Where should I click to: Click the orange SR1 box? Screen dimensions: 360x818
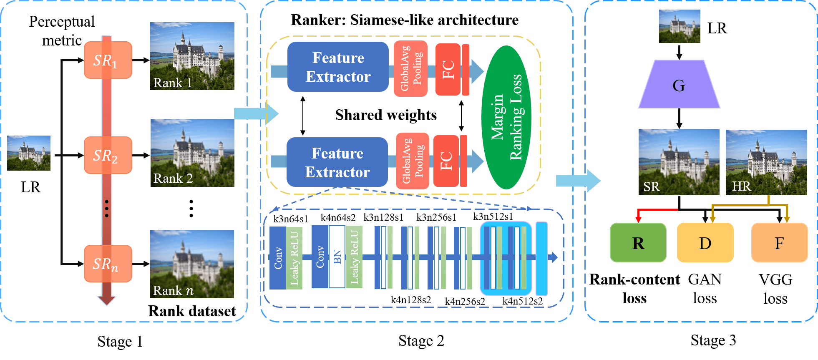[108, 60]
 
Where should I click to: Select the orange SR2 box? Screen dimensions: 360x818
[108, 155]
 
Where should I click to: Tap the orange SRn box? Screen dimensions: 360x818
[108, 264]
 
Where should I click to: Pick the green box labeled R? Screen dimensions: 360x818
[638, 243]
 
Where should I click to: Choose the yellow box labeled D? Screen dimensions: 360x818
[705, 243]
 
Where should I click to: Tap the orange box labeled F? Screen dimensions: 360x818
[779, 243]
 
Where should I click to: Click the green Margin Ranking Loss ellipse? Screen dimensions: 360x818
[506, 118]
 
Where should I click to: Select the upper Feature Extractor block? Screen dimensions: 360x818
[338, 67]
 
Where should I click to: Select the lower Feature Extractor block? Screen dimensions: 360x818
[337, 162]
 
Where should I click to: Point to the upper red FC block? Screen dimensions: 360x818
[448, 69]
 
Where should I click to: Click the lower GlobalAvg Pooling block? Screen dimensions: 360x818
[413, 161]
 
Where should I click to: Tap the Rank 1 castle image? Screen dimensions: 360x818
[192, 56]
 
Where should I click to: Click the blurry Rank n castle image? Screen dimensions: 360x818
[192, 264]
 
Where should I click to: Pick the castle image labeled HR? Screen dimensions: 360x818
[766, 162]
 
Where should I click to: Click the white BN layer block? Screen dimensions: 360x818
[337, 257]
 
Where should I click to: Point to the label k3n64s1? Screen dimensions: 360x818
[290, 219]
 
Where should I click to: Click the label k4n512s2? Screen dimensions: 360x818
[522, 301]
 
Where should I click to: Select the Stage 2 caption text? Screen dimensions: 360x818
[421, 341]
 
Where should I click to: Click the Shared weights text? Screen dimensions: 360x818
[386, 115]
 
